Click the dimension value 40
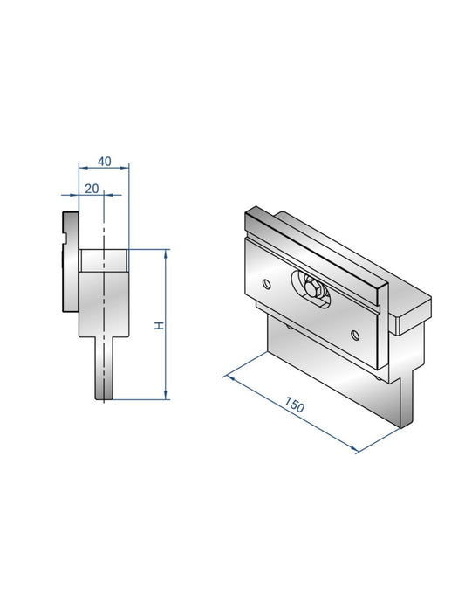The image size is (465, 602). (x=104, y=161)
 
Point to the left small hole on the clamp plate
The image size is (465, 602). (x=265, y=281)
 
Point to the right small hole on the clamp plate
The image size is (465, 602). (x=354, y=333)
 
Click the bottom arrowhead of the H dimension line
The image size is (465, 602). (x=166, y=395)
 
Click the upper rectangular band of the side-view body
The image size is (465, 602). (x=104, y=260)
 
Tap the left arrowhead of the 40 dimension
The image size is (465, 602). (x=82, y=166)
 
